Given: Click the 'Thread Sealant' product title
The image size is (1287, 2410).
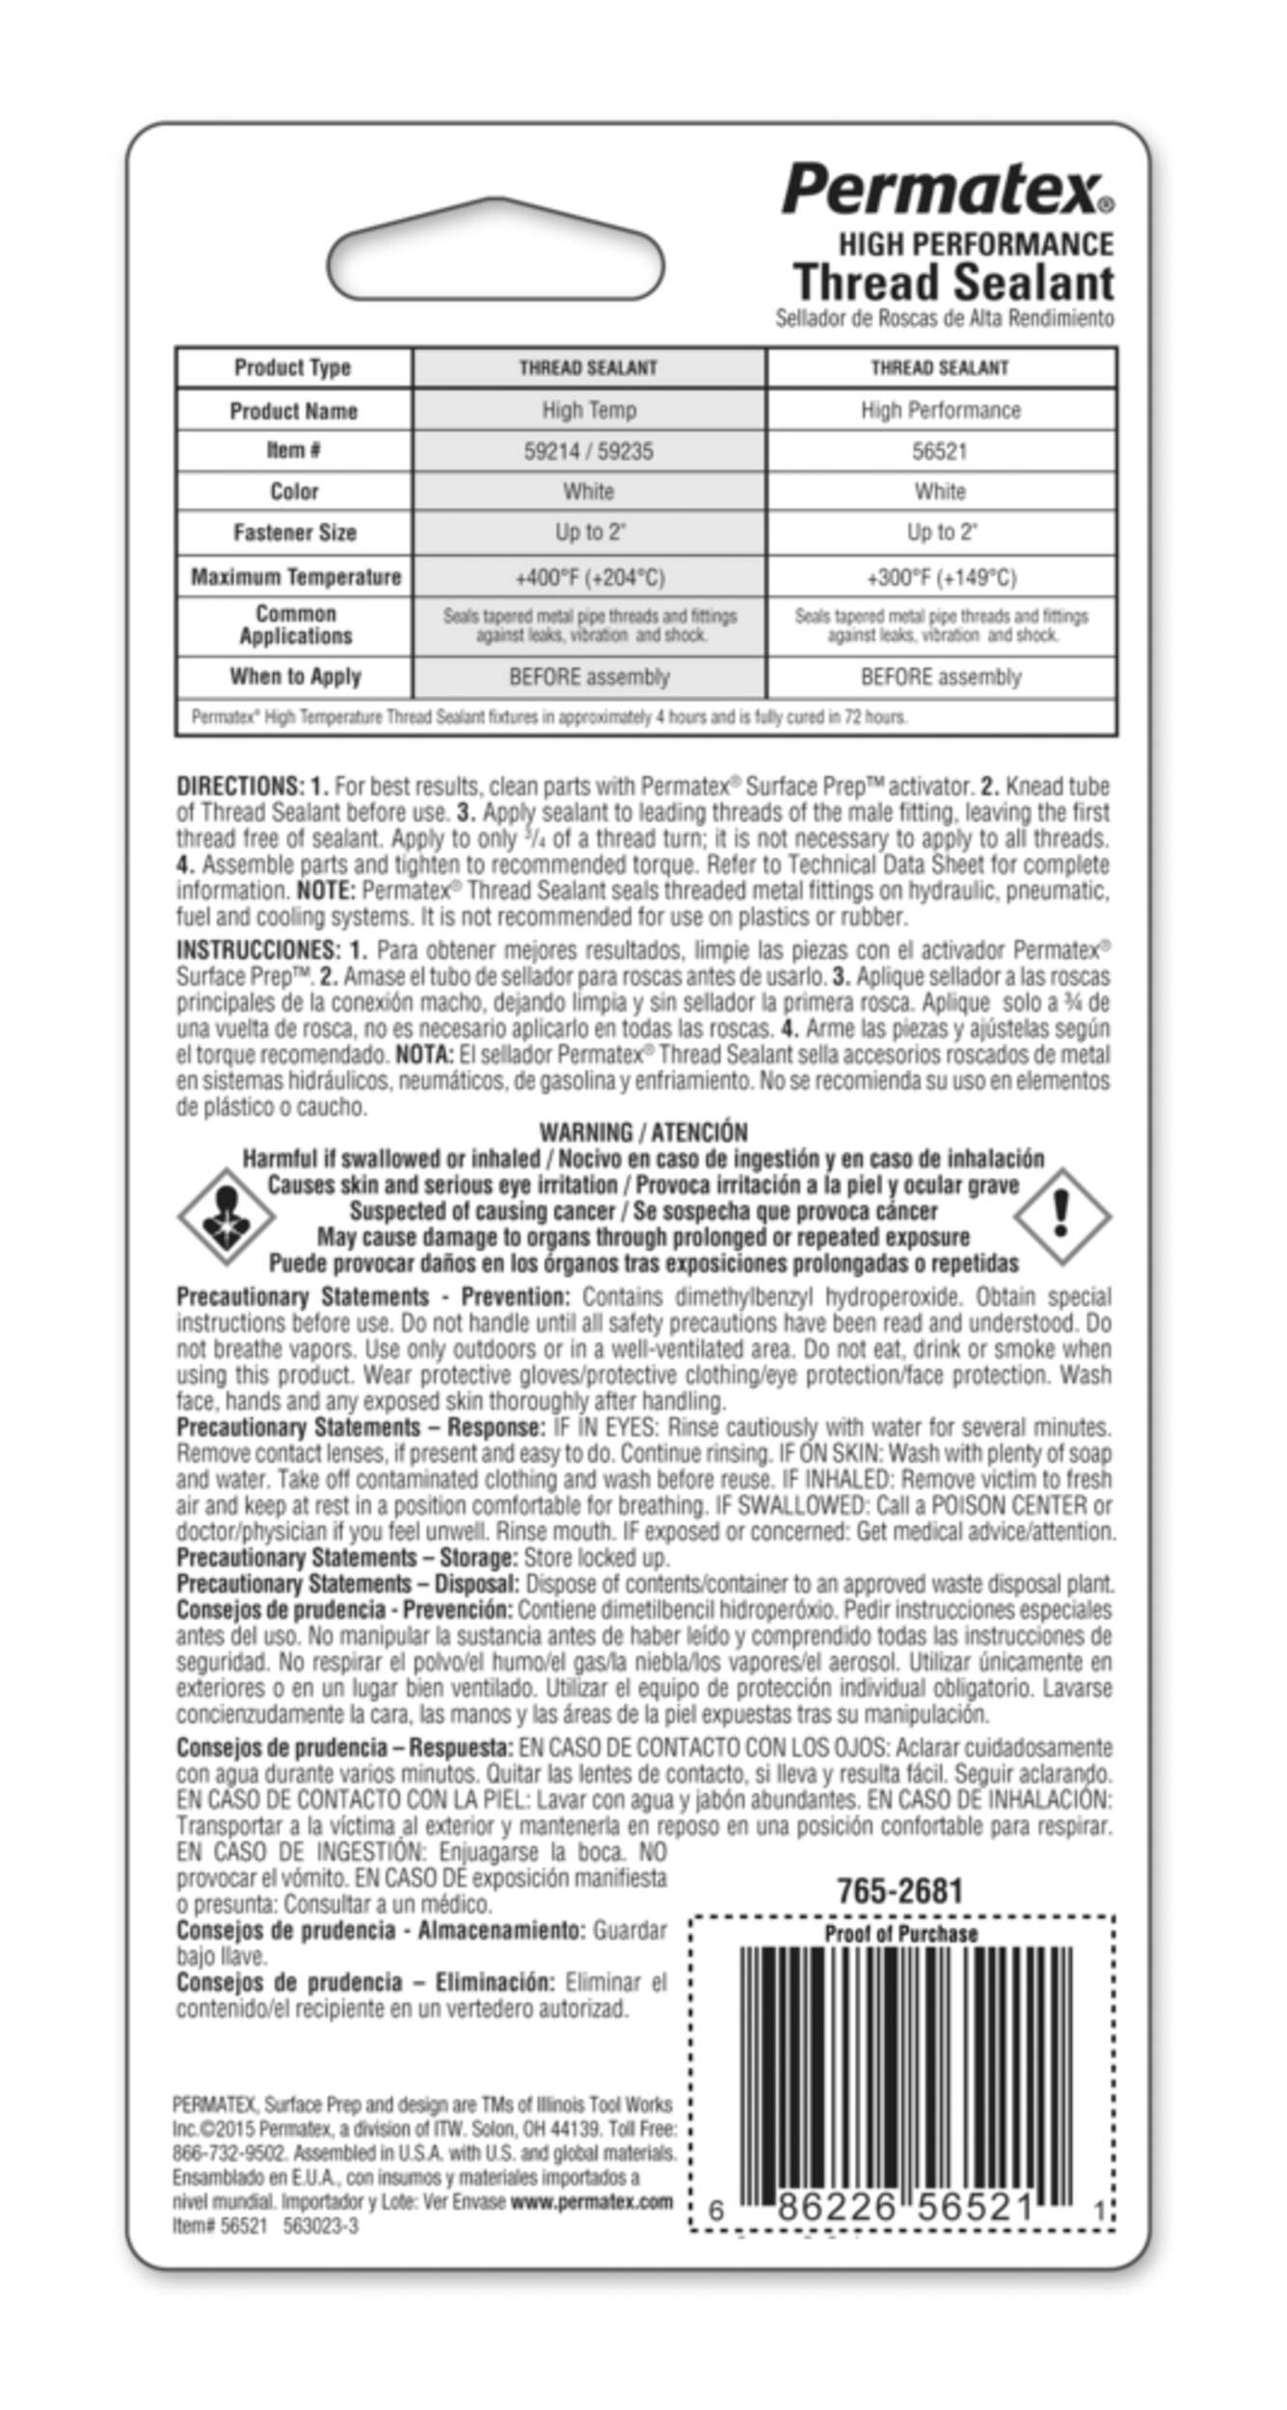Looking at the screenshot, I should click(x=953, y=282).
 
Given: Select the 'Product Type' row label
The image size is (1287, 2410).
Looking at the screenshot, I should click(x=293, y=367).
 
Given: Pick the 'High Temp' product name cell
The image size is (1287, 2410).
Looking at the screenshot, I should click(x=589, y=410).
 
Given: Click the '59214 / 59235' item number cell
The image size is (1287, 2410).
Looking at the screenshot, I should click(x=589, y=450).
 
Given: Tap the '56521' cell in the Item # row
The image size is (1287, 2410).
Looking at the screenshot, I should click(x=940, y=450).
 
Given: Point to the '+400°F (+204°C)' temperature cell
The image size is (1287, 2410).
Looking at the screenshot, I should click(x=589, y=576).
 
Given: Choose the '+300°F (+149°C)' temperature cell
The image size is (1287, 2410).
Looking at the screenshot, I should click(x=940, y=576).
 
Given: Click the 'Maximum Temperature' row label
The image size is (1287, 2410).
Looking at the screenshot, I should click(x=295, y=576).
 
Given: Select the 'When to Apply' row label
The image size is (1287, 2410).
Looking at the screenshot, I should click(x=295, y=676).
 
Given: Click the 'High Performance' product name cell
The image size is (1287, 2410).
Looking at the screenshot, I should click(x=940, y=410).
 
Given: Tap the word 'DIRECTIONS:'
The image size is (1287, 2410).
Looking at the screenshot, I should click(x=239, y=786).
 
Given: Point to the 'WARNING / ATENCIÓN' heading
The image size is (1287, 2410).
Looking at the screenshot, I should click(x=643, y=1132).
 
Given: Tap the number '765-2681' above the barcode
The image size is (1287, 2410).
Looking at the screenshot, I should click(x=899, y=1890).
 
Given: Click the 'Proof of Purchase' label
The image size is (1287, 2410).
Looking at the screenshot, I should click(x=900, y=1934).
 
